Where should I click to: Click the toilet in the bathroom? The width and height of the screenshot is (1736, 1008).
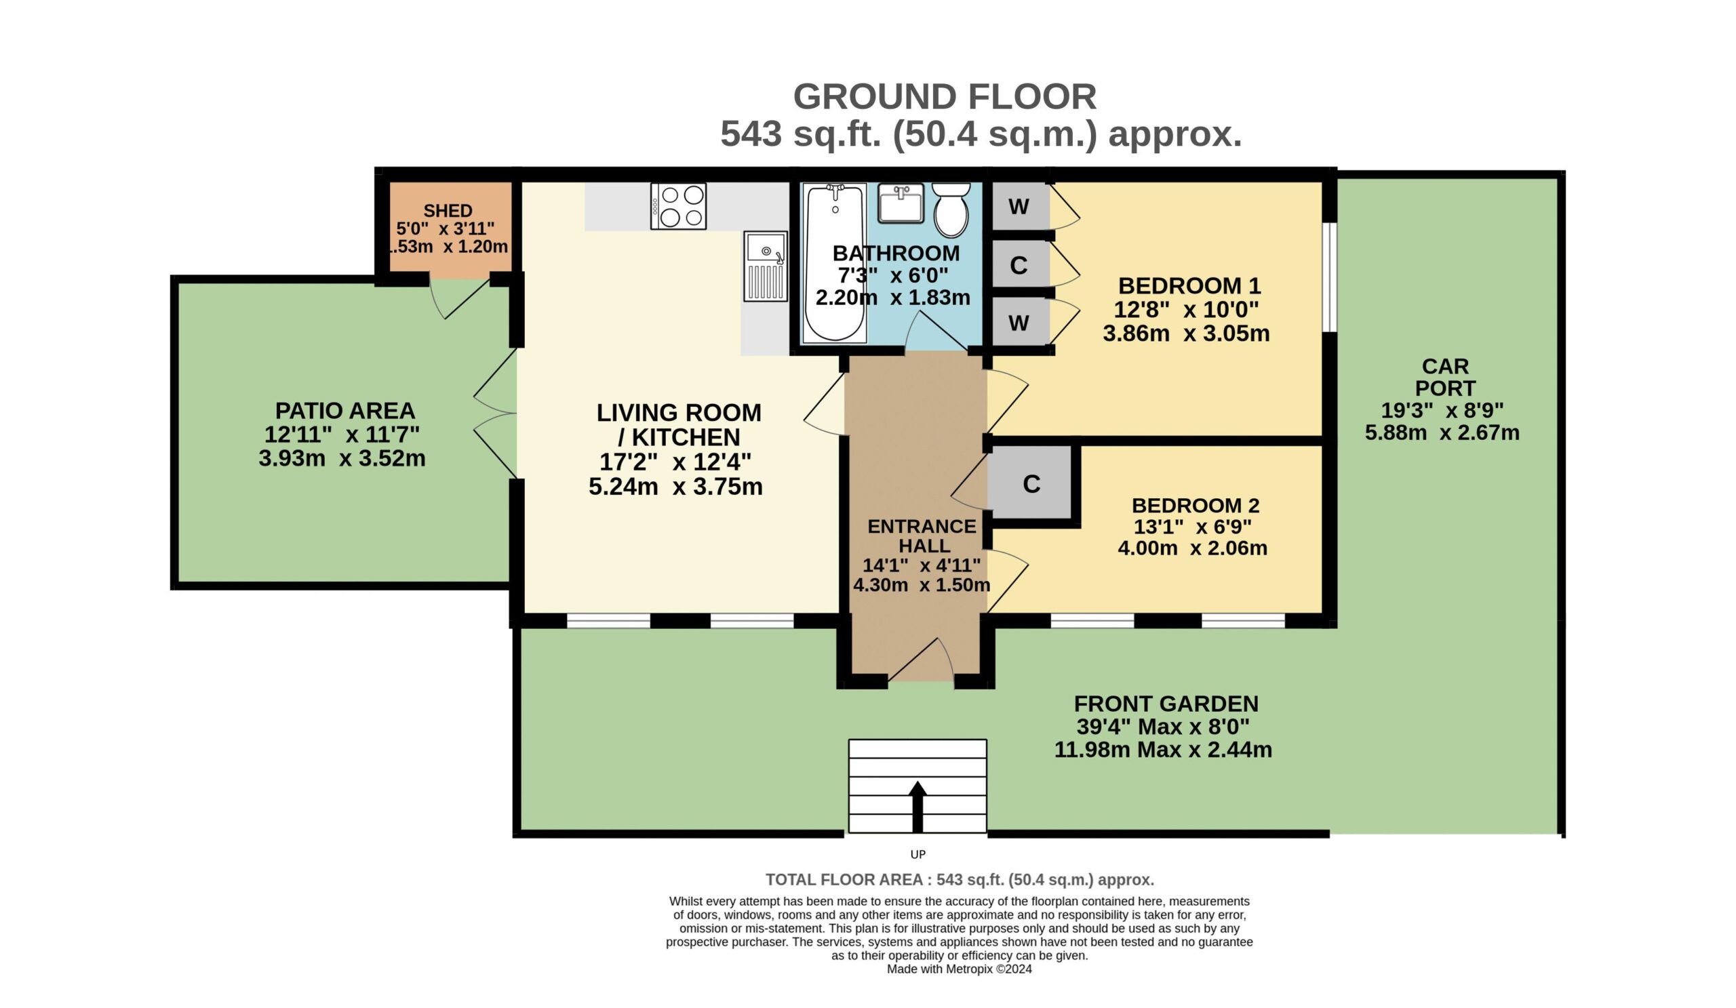[951, 209]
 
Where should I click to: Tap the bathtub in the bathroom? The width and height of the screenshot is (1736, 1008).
[835, 262]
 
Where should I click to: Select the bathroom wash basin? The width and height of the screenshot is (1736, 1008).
[901, 203]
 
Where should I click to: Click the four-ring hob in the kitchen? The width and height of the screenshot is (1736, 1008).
[679, 206]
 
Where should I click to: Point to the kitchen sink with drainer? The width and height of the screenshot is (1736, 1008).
[766, 266]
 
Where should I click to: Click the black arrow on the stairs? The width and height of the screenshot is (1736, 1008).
[918, 807]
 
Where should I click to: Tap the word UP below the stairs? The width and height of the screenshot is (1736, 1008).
[918, 854]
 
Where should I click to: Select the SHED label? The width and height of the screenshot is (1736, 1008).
[448, 211]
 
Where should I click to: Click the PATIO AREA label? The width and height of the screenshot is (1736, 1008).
[345, 411]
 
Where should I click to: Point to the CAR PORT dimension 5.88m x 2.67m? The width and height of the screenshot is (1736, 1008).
[1442, 433]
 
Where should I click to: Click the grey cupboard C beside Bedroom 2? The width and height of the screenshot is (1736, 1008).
[1031, 483]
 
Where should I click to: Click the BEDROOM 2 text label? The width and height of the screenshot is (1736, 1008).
[1196, 506]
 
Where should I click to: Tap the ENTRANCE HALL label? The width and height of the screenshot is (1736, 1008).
[922, 536]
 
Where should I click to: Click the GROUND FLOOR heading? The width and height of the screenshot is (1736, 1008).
[945, 96]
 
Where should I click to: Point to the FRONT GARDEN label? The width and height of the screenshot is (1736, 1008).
[1166, 704]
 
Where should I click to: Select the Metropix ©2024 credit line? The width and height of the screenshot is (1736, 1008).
[960, 969]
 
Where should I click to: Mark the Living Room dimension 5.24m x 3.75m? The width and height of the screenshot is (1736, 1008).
[675, 487]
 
